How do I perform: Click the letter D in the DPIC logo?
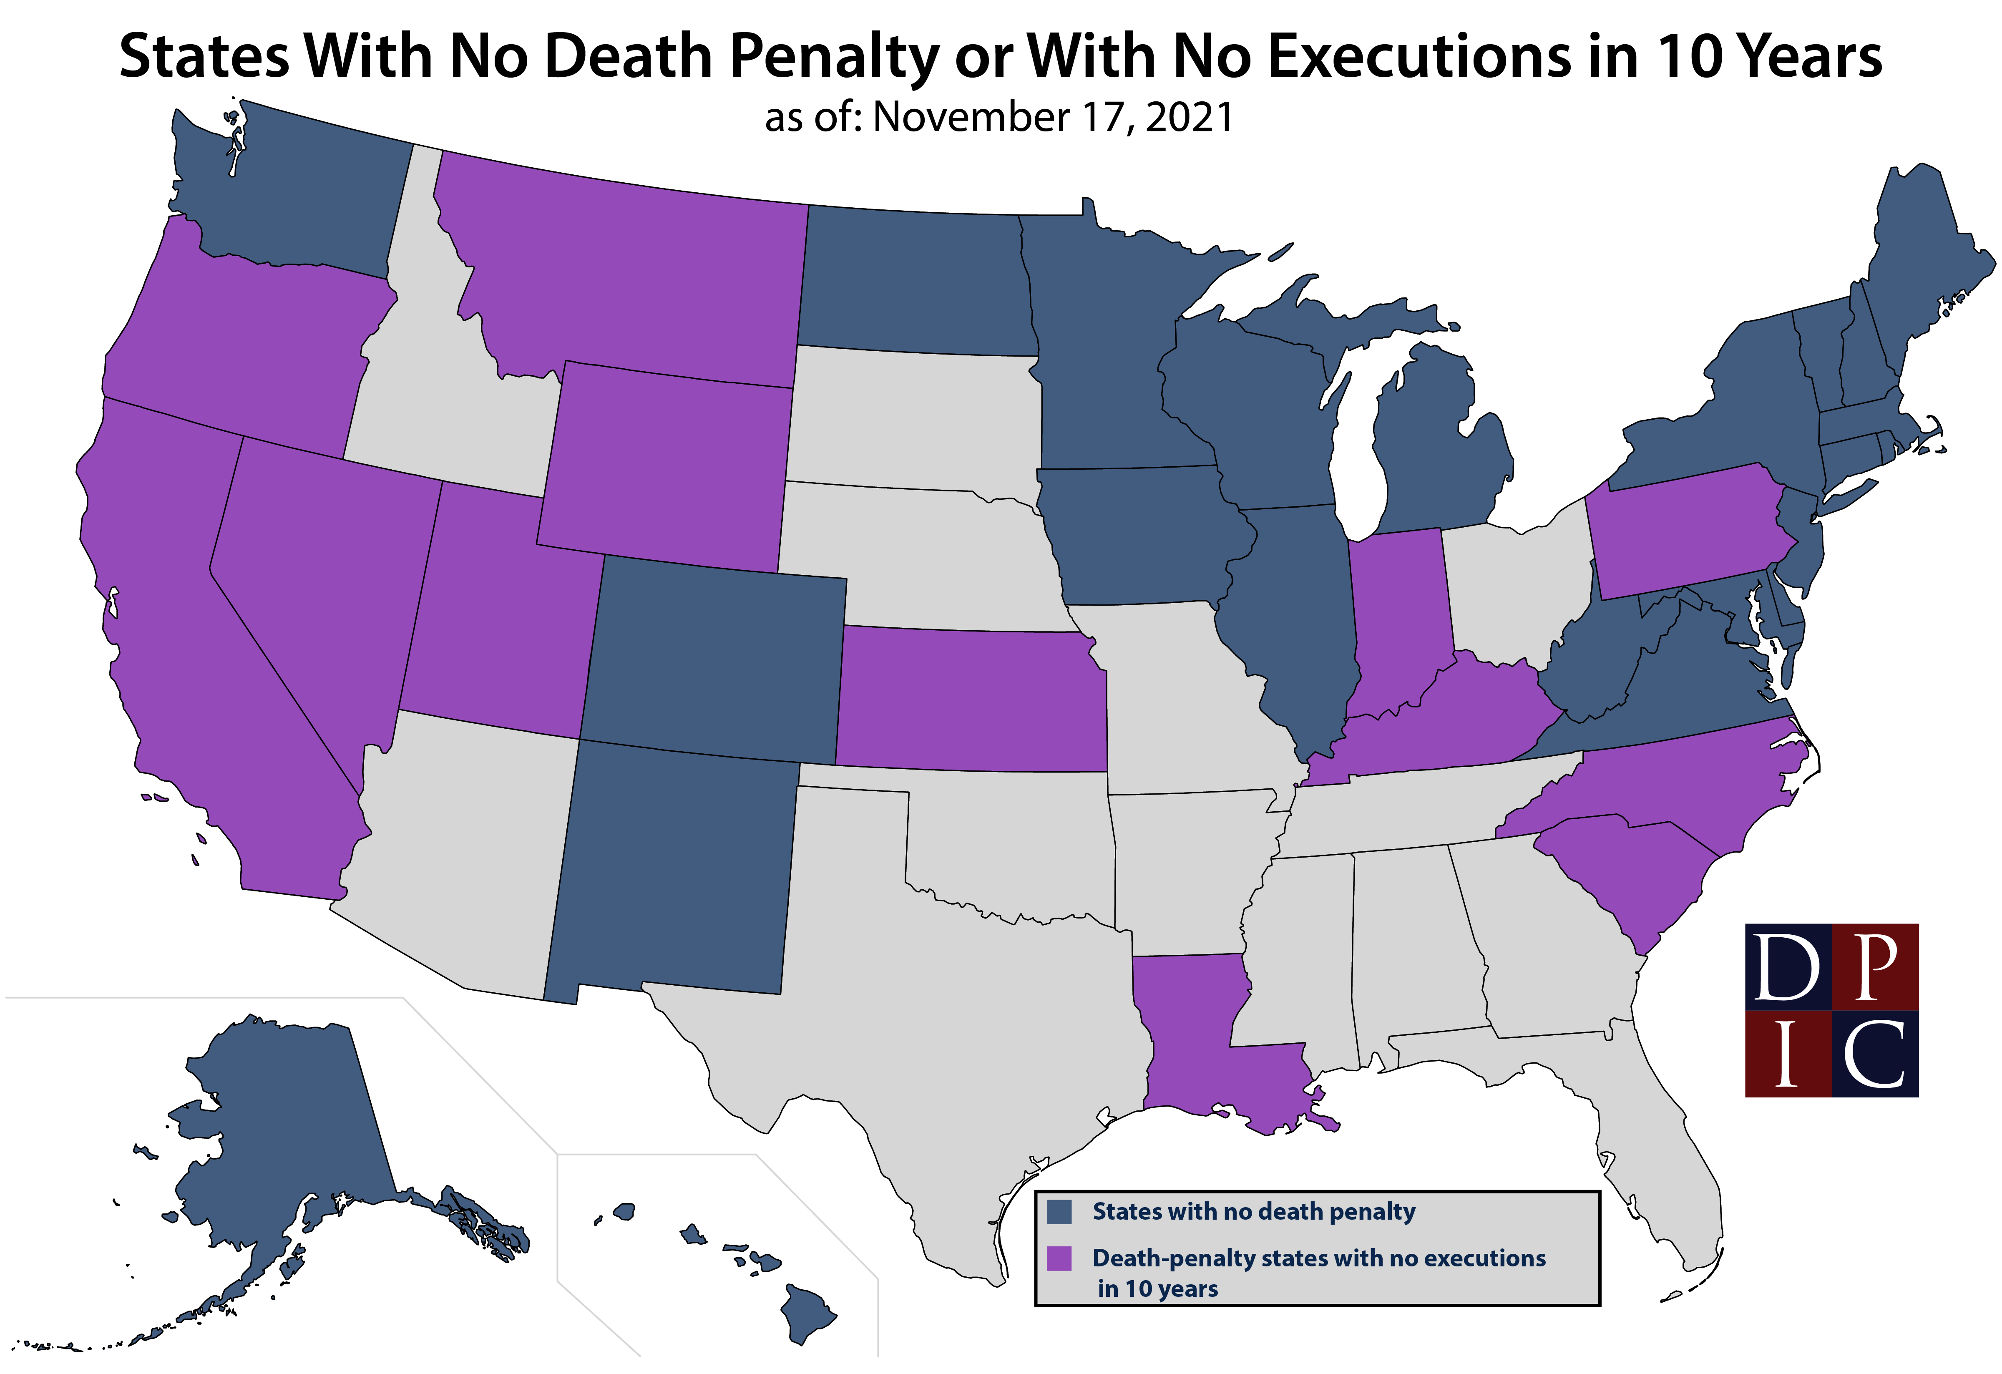point(1788,966)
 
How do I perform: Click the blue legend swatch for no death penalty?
point(1059,1212)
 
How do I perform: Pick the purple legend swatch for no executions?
point(1059,1258)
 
